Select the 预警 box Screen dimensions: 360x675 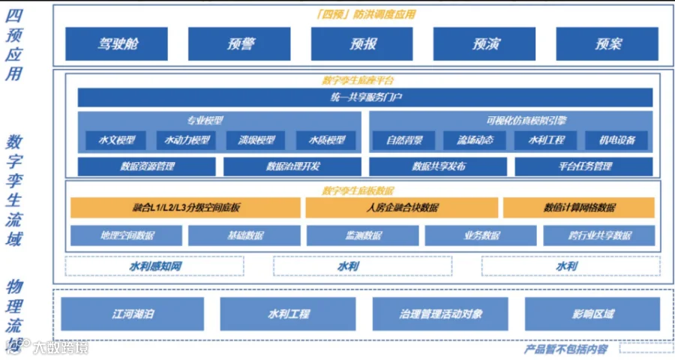pyautogui.click(x=239, y=44)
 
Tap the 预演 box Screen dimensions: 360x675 pyautogui.click(x=485, y=44)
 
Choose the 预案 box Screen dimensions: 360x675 pyautogui.click(x=607, y=44)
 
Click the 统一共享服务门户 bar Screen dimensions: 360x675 pyautogui.click(x=365, y=97)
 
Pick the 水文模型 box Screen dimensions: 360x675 pyautogui.click(x=111, y=140)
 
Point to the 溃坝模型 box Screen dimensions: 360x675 pyautogui.click(x=256, y=140)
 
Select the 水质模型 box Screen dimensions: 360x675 pyautogui.click(x=325, y=140)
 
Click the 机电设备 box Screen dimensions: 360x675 pyautogui.click(x=616, y=140)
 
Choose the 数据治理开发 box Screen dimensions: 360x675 pyautogui.click(x=292, y=166)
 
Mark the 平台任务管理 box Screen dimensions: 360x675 pyautogui.click(x=584, y=166)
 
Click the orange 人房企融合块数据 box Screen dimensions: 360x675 pyautogui.click(x=401, y=208)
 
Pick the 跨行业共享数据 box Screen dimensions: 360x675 pyautogui.click(x=598, y=235)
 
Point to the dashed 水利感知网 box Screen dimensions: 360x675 pyautogui.click(x=154, y=266)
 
